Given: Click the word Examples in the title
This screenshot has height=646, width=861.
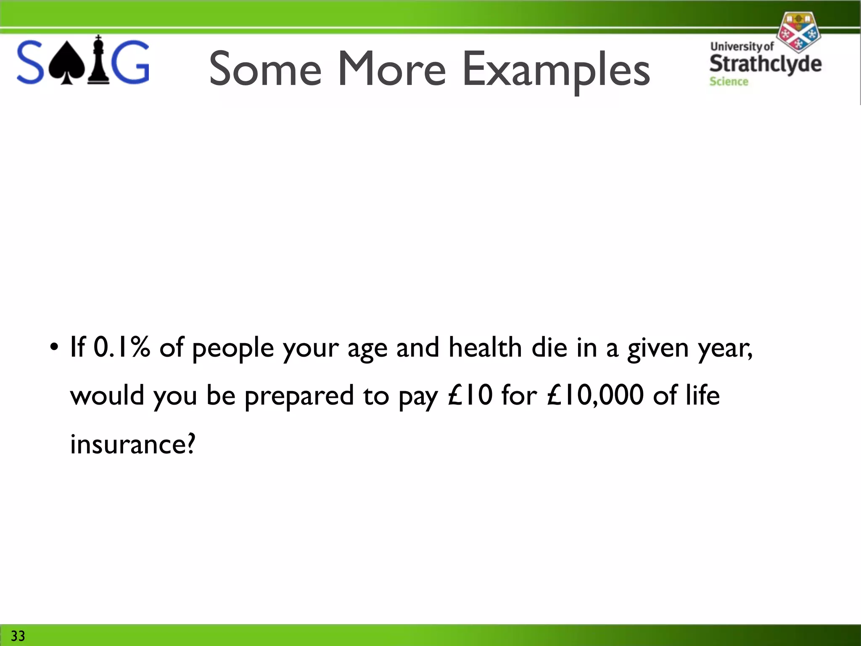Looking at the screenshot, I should point(556,70).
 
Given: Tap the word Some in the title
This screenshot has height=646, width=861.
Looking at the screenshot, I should point(265,69).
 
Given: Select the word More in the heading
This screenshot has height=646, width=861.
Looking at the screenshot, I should point(391,69).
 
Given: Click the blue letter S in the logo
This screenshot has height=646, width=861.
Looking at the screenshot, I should point(30,62).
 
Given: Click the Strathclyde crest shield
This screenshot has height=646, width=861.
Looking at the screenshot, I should point(798,33).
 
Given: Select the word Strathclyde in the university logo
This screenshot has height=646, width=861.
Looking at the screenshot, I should point(765,64).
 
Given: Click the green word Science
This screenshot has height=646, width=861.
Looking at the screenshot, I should point(729,82).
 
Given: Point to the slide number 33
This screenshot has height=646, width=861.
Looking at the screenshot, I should point(18,635).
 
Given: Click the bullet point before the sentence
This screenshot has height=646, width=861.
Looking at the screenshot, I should point(54,348).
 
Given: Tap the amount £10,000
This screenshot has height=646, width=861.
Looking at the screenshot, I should point(595,395).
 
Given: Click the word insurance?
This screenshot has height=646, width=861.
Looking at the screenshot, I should point(133,444).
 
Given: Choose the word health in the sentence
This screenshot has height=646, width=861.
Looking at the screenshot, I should point(485,348).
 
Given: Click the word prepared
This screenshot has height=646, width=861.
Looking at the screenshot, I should point(299,396).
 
